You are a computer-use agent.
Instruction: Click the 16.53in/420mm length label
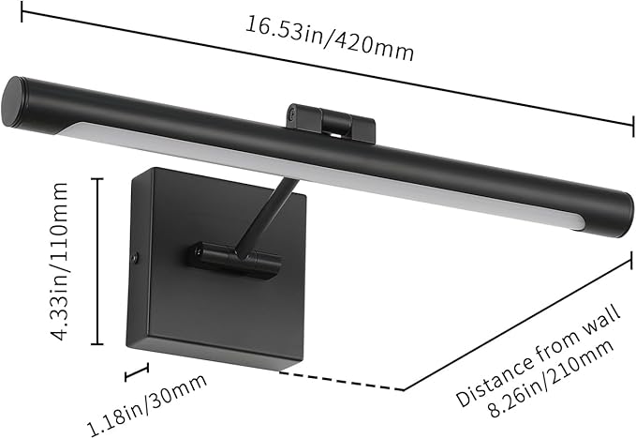tap(329, 37)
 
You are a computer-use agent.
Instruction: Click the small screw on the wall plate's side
tap(138, 255)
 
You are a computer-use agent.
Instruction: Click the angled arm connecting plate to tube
tap(271, 212)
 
